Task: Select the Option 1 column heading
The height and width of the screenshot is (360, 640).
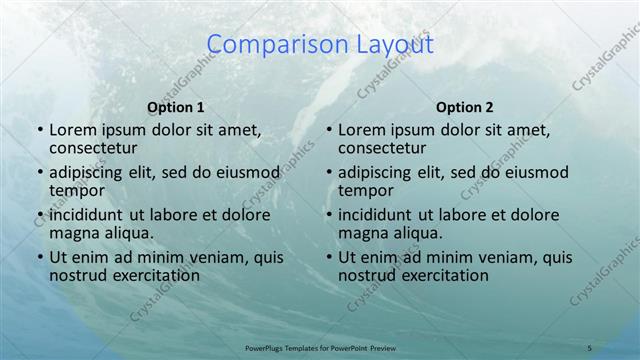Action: coord(176,107)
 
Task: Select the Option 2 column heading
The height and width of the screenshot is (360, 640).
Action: coord(465,107)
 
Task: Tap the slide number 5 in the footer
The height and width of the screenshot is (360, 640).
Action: coord(589,347)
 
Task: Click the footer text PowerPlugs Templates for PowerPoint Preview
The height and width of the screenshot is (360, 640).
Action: coord(320,347)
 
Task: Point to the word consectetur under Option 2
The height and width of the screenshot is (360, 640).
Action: coord(382,149)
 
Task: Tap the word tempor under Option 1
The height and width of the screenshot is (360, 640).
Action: coord(77,191)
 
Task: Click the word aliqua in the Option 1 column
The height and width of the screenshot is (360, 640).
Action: coord(126,234)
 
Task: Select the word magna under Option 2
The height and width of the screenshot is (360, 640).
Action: coord(362,234)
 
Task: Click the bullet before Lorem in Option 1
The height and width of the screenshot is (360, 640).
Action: coord(39,130)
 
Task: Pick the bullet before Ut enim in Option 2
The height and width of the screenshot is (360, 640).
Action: coord(328,257)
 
